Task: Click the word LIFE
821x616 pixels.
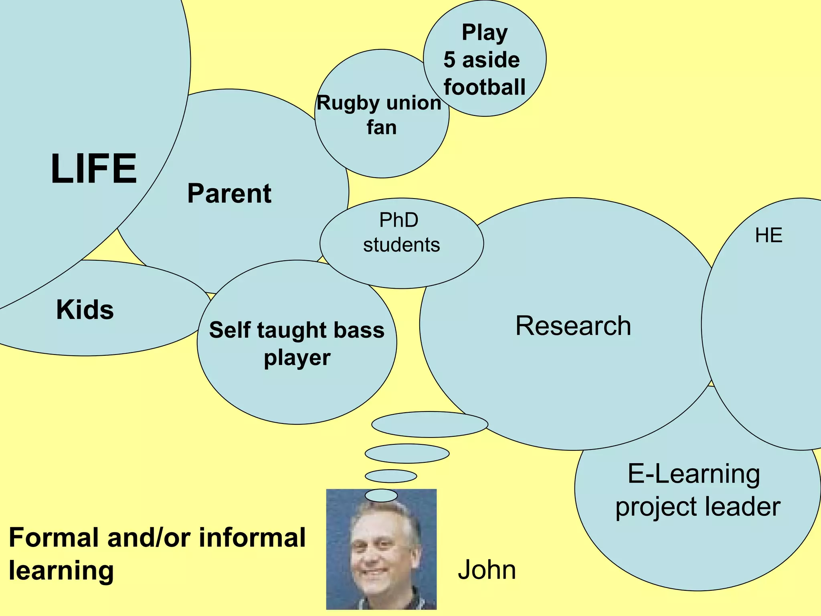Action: click(94, 169)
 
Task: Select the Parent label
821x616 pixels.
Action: click(229, 193)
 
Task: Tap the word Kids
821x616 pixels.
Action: click(85, 310)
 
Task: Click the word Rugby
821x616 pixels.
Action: click(343, 103)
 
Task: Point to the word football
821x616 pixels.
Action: click(484, 87)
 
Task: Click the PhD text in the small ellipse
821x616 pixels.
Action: click(398, 220)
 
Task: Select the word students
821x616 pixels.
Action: click(401, 245)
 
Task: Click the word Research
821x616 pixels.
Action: click(573, 326)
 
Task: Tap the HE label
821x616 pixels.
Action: click(768, 235)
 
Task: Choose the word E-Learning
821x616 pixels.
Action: click(694, 474)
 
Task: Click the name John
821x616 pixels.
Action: click(487, 570)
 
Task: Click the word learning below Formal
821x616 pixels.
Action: click(61, 570)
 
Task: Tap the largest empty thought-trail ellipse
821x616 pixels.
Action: click(429, 424)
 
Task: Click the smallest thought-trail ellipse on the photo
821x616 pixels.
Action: click(381, 495)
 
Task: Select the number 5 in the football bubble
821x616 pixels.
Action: click(449, 60)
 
